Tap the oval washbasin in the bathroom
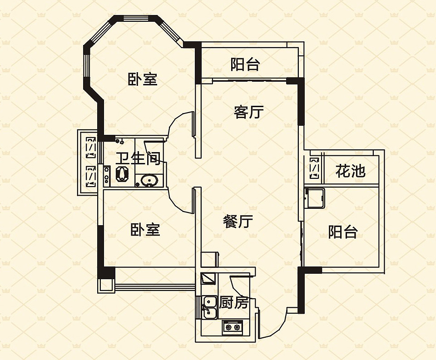pyautogui.click(x=149, y=181)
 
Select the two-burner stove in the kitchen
pyautogui.click(x=233, y=327)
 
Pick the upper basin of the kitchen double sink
pyautogui.click(x=210, y=301)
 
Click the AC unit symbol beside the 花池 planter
pyautogui.click(x=314, y=168)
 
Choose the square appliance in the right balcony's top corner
pyautogui.click(x=315, y=198)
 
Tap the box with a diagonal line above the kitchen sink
pyautogui.click(x=208, y=278)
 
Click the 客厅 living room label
pyautogui.click(x=248, y=112)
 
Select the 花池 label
pyautogui.click(x=350, y=171)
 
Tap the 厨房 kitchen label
pyautogui.click(x=233, y=303)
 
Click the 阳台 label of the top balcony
pyautogui.click(x=245, y=64)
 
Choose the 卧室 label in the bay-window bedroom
pyautogui.click(x=142, y=79)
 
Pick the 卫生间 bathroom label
pyautogui.click(x=138, y=158)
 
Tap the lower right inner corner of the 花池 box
pyautogui.click(x=379, y=183)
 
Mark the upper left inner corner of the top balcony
pyautogui.click(x=201, y=48)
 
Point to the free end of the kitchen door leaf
pyautogui.click(x=231, y=276)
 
